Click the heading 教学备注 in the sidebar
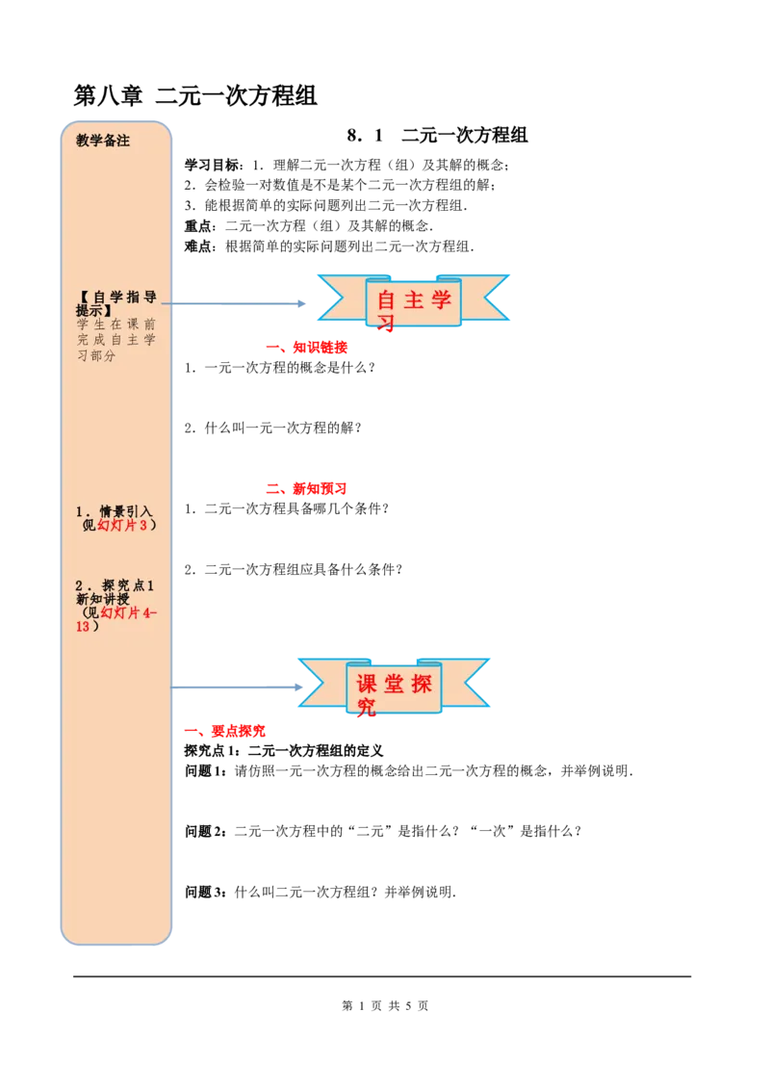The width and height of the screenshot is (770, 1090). (x=103, y=141)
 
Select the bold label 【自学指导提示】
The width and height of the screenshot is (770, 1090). (x=115, y=303)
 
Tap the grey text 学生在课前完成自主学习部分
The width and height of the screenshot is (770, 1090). (x=115, y=340)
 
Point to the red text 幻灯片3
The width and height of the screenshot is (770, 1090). (x=122, y=525)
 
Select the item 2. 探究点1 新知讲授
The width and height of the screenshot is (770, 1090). (x=115, y=592)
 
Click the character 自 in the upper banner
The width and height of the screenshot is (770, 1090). (x=387, y=299)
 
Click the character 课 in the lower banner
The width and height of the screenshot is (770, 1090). (x=367, y=684)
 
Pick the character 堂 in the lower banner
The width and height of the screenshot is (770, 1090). (x=394, y=684)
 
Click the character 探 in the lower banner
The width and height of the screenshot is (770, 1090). (x=422, y=684)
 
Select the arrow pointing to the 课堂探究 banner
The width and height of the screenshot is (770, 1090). (x=241, y=688)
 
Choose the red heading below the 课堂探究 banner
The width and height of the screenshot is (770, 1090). (x=225, y=732)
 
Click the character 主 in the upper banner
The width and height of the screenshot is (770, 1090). (x=414, y=299)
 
